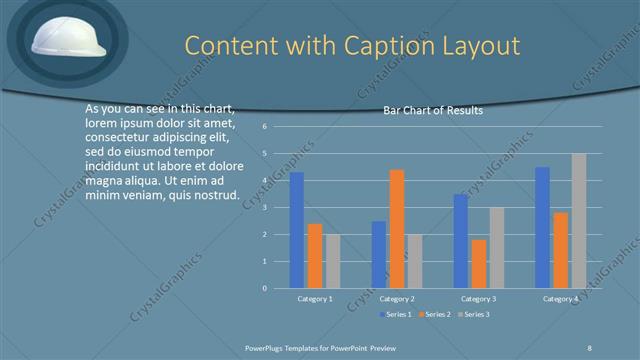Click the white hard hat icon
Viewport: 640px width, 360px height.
[63, 39]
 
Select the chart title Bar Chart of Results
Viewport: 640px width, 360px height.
[433, 111]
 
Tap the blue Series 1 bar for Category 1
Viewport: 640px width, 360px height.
[297, 230]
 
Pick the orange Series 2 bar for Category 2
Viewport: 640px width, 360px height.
[397, 229]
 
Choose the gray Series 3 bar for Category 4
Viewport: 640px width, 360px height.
[579, 220]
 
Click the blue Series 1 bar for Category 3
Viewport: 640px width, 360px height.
[460, 241]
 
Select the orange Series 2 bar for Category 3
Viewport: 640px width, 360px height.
[478, 263]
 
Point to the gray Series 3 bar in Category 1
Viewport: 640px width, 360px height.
[333, 261]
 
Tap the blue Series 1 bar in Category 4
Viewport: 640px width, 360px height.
[542, 227]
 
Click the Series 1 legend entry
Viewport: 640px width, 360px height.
[396, 315]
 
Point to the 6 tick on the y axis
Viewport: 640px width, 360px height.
[264, 127]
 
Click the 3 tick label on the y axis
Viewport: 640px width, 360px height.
[264, 207]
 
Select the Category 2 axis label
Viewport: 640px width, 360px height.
[397, 299]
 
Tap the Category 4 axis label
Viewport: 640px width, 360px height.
[560, 299]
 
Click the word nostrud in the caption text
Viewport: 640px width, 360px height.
[216, 194]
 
